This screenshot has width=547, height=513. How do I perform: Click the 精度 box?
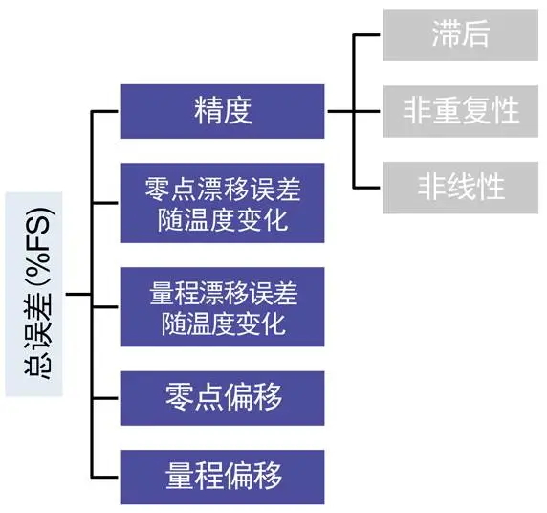coord(223,111)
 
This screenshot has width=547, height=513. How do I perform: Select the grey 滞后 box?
coord(461,34)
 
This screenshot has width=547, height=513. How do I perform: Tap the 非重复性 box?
coord(461,111)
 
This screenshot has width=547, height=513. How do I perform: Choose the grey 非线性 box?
coord(461,188)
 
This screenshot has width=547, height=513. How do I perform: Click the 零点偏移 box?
coord(223,398)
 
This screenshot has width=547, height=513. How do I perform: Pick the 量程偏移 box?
coord(223,477)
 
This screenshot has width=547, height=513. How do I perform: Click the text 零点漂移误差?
coord(223,190)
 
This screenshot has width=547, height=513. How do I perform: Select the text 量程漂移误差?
coord(223,293)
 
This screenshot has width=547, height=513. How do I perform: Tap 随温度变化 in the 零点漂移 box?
coord(223,220)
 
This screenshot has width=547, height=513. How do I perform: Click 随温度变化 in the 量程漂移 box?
coord(223,324)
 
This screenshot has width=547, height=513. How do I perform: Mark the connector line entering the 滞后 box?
coord(366,34)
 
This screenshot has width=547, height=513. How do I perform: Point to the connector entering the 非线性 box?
coord(366,188)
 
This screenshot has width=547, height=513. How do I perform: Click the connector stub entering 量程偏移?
coord(104,477)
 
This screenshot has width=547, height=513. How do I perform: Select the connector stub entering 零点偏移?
coord(104,398)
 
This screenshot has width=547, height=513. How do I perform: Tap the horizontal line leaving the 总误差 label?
coord(78,294)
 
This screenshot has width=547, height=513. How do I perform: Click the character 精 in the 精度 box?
coord(208,111)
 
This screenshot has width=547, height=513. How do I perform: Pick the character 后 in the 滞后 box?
coord(474,33)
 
